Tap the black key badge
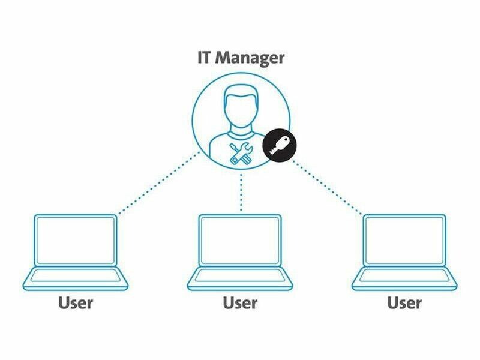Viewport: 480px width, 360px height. pos(280,145)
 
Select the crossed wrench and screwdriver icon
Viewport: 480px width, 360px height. pos(241,154)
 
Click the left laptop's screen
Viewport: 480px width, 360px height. pos(76,240)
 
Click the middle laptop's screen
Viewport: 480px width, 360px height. pos(240,240)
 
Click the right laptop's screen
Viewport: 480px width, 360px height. pos(404,240)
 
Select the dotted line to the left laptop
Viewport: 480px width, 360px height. pos(159,183)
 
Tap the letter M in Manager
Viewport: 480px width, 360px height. pos(224,59)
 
